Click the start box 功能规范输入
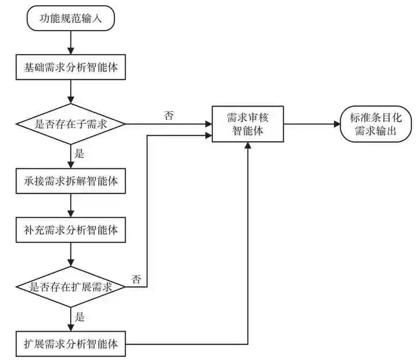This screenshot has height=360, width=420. pos(71,18)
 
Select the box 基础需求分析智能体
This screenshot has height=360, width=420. pos(71,67)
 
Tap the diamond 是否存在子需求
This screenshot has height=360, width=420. pos(71,124)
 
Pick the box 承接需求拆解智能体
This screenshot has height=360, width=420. pos(71,181)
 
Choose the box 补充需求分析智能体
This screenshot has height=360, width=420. pos(71,230)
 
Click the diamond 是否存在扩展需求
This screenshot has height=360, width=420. pos(71,287)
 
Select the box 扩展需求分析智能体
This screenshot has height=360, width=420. pos(71,344)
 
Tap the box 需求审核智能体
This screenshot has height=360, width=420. pos(248,124)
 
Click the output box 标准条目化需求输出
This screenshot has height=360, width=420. pos(376,124)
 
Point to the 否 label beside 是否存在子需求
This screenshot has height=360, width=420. pos(169,115)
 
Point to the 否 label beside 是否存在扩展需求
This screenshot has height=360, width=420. pos(136,279)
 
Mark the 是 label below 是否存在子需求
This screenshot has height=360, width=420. pos(79,154)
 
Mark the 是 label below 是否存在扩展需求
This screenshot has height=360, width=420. pos(79,317)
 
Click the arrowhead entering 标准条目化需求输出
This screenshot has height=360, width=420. pos(337,124)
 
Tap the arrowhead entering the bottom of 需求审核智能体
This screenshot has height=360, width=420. pos(248,145)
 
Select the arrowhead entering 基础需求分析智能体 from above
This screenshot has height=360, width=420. pos(71,51)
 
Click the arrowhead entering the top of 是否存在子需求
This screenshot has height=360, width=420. pos(71,100)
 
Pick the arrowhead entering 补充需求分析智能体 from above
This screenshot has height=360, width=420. pos(71,214)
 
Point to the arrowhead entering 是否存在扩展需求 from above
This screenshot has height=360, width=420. pos(71,263)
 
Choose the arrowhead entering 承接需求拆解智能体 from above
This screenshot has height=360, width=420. pos(71,165)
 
